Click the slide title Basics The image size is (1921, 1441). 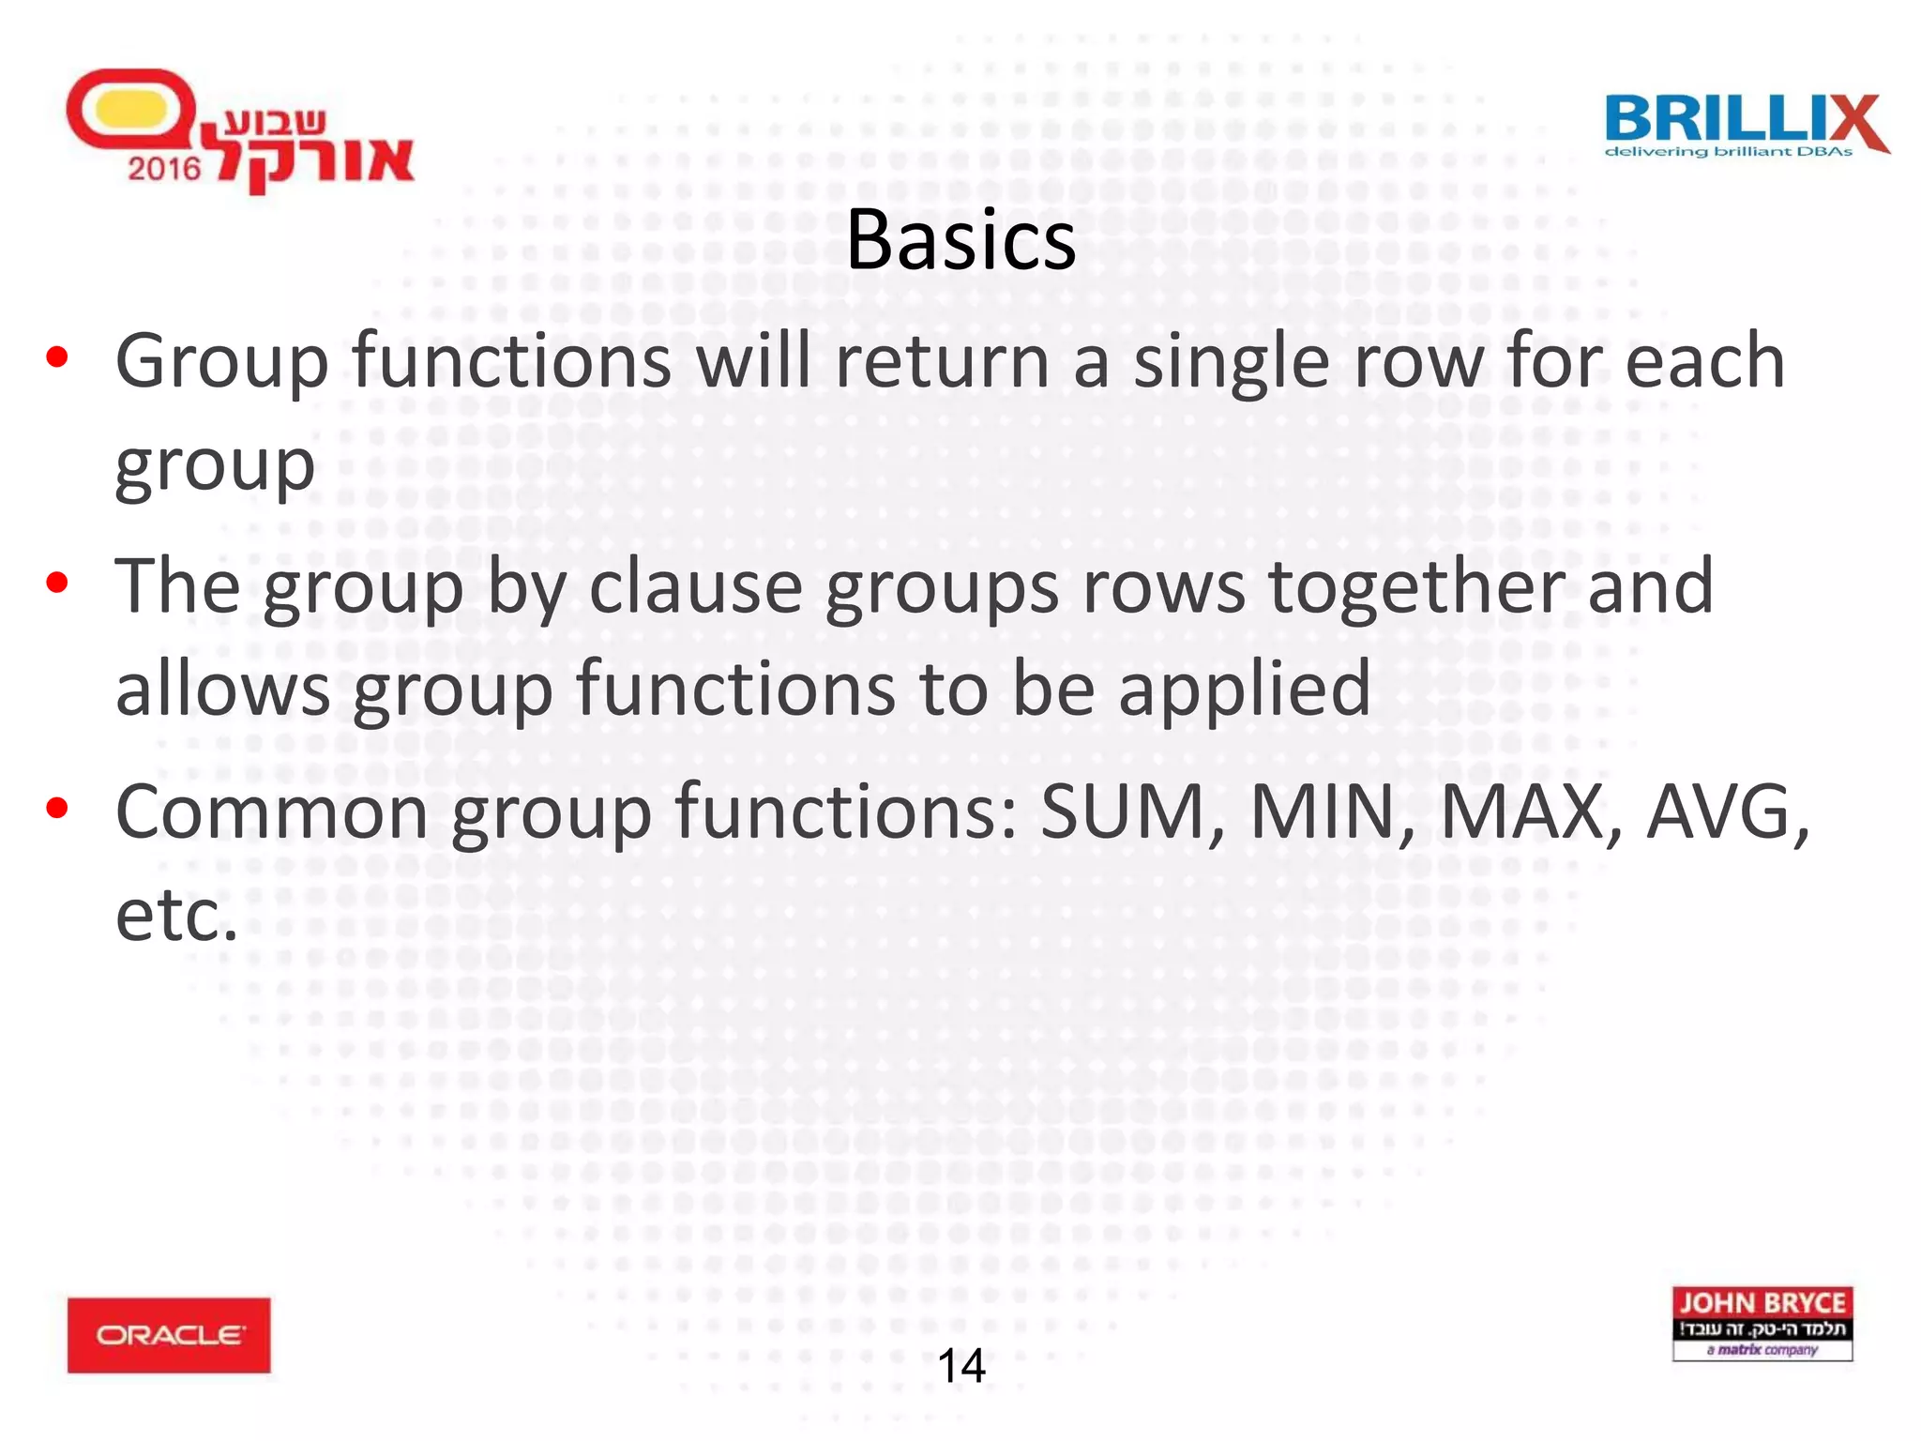tap(960, 241)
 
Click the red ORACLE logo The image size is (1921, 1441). tap(169, 1334)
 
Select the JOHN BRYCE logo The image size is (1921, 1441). tap(1762, 1323)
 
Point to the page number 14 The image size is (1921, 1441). tap(960, 1366)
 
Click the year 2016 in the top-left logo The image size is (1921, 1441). tap(164, 169)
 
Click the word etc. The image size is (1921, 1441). tap(176, 916)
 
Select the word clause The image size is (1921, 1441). tap(695, 587)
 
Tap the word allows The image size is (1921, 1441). tap(222, 689)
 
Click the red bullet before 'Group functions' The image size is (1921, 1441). tap(57, 357)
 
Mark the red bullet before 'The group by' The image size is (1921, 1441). tap(57, 583)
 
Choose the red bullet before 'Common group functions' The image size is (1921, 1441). tap(57, 808)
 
